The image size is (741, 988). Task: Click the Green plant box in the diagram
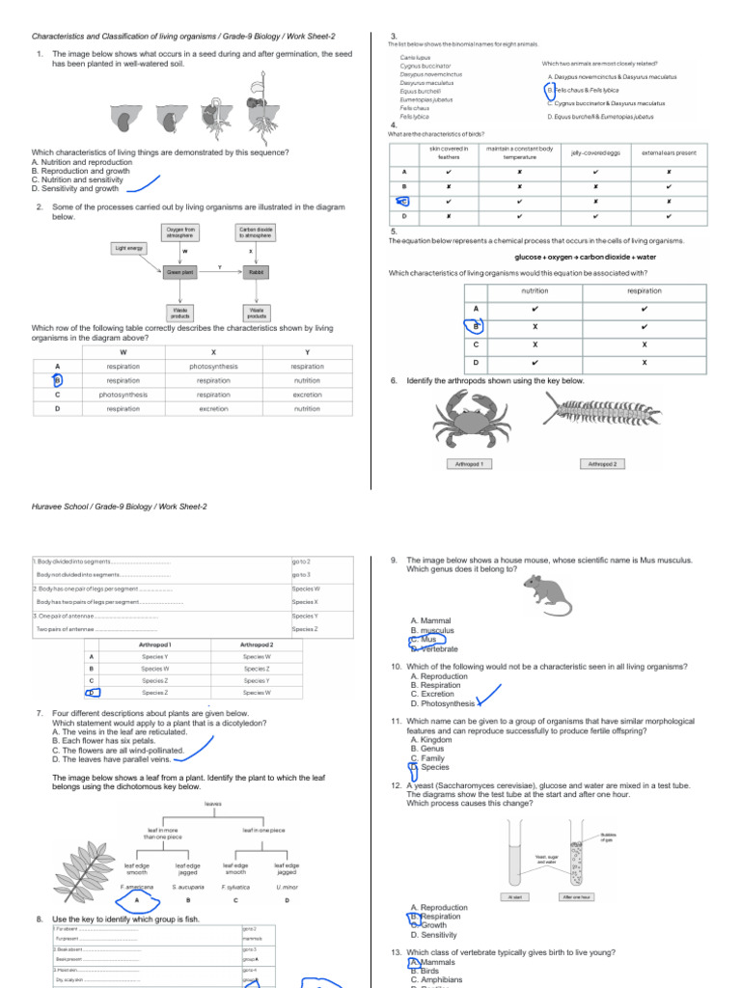click(x=180, y=273)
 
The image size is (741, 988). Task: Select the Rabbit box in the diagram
click(x=257, y=273)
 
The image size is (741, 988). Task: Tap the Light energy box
click(x=128, y=248)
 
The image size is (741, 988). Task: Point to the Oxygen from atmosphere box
click(x=180, y=233)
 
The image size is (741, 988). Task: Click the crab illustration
click(x=473, y=419)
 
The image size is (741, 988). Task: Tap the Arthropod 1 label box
click(x=474, y=464)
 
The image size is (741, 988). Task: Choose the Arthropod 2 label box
click(x=602, y=464)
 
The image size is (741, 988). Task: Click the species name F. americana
click(x=136, y=886)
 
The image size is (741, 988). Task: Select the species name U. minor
click(x=287, y=886)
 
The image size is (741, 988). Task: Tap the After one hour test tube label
click(x=576, y=896)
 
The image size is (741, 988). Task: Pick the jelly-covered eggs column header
click(x=595, y=152)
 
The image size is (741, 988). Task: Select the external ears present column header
click(x=669, y=152)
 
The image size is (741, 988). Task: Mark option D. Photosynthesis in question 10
click(x=444, y=703)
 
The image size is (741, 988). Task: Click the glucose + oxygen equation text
click(x=573, y=258)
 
